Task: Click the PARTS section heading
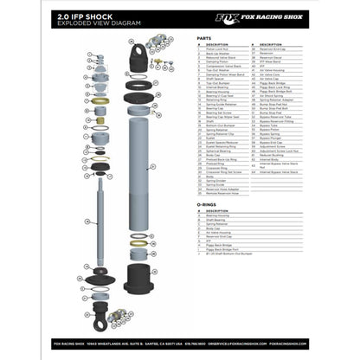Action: [203, 39]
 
